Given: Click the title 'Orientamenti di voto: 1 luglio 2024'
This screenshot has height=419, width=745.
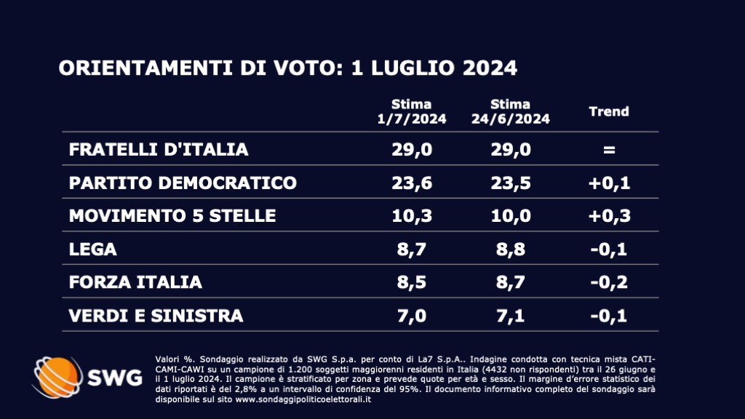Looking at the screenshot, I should tap(288, 68).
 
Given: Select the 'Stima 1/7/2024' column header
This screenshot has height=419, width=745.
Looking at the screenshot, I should tap(412, 112).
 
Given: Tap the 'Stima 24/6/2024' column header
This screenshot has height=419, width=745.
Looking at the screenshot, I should tap(510, 112).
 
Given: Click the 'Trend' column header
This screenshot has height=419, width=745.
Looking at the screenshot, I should tap(608, 112).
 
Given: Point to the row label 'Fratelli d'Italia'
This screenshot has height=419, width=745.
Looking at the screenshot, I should tap(159, 149).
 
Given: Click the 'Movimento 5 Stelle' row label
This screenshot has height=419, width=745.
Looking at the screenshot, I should tap(172, 216).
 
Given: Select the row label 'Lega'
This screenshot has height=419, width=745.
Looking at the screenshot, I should tap(92, 250).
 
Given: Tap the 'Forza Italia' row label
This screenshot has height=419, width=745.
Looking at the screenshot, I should tap(135, 282).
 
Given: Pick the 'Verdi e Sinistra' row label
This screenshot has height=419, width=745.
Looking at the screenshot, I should tap(156, 316).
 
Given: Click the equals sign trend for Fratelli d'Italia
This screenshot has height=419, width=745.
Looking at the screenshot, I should tap(609, 150).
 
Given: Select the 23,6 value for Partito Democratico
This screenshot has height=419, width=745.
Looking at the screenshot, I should tap(412, 183).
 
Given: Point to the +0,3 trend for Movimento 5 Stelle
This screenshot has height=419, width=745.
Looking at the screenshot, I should tap(609, 216).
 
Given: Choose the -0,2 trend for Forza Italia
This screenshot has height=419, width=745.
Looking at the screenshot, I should tap(609, 282).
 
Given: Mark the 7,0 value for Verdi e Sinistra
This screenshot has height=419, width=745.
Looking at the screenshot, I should tap(412, 316).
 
